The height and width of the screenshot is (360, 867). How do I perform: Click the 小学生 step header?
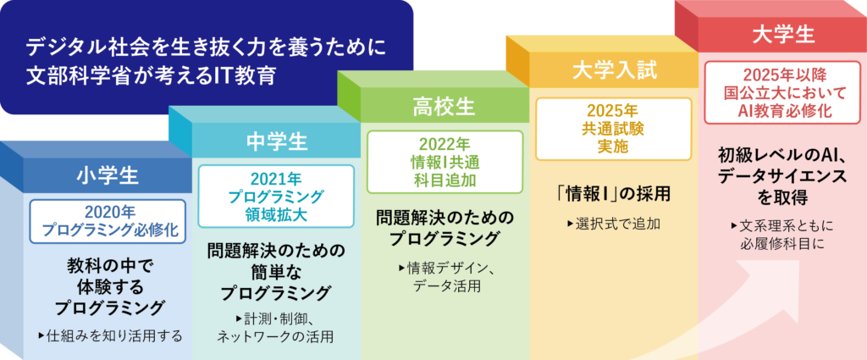(108, 176)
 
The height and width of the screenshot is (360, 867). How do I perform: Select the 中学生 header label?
(277, 142)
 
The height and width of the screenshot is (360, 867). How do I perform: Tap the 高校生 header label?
(444, 108)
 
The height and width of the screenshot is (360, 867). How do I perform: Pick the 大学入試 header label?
(615, 71)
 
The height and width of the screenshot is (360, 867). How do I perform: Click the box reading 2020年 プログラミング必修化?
(108, 221)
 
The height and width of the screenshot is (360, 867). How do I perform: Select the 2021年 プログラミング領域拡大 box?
(276, 196)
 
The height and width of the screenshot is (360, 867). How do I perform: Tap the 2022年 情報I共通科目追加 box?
(445, 162)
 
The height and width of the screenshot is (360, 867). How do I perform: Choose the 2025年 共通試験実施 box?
(614, 129)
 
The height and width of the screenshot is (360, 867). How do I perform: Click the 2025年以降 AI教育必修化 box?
(783, 92)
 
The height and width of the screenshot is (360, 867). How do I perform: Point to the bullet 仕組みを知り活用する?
(111, 335)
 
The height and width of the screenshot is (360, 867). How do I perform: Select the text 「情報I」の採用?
(614, 194)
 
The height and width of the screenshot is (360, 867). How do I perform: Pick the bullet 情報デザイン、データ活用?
(445, 278)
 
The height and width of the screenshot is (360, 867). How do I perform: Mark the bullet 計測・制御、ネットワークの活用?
(275, 327)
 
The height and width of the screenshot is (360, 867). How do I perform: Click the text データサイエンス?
(783, 175)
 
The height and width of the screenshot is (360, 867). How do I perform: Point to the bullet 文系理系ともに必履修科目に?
(783, 235)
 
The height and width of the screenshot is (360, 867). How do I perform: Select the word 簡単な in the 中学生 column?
(276, 271)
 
